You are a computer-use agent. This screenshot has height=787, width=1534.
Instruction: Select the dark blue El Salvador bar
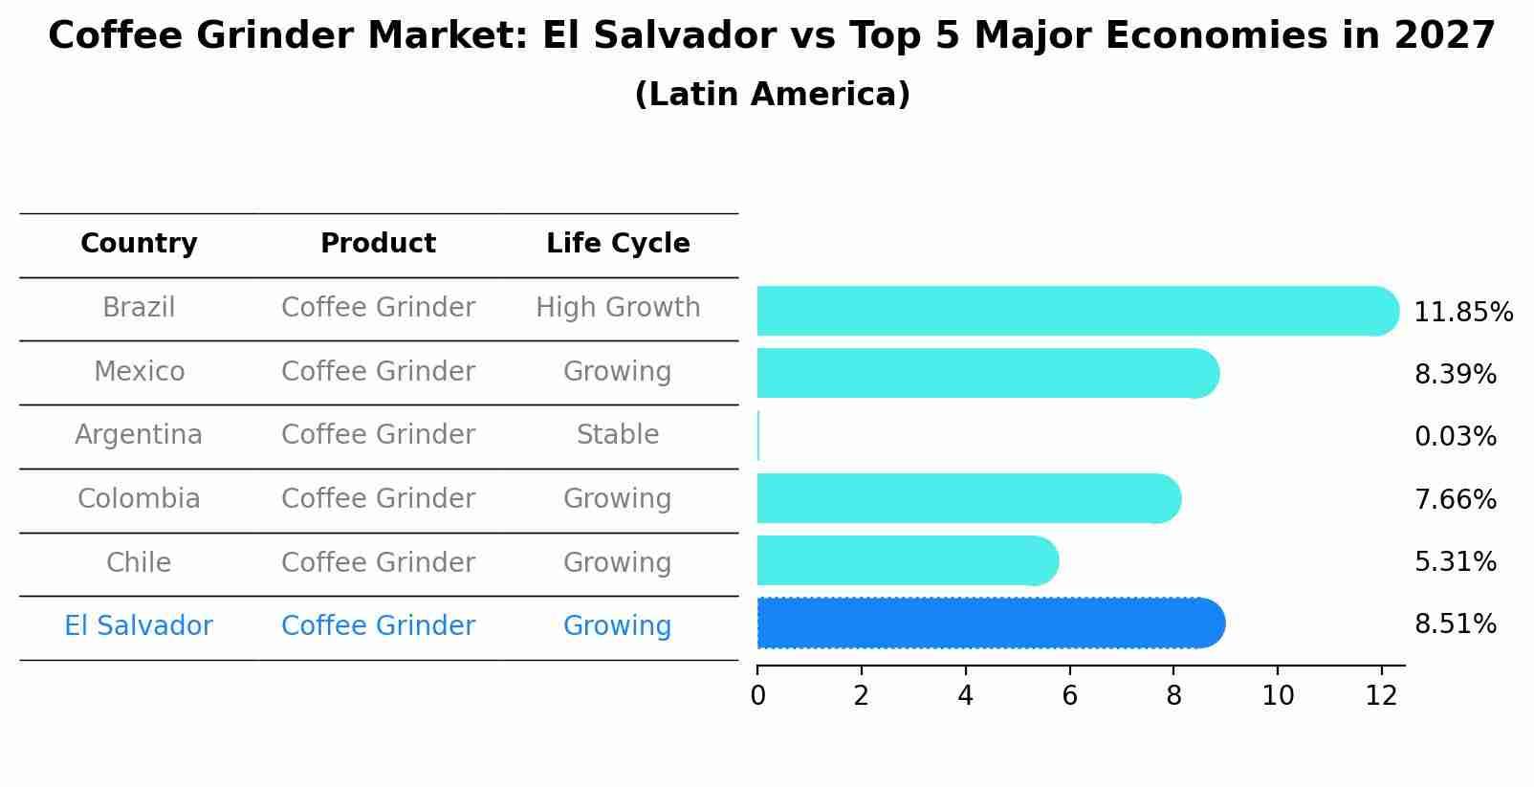coord(990,623)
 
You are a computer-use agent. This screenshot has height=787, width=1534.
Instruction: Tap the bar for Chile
coord(907,560)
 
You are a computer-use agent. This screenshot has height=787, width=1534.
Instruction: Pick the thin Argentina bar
coord(758,436)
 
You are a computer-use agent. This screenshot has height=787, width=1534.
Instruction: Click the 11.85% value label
coord(1462,313)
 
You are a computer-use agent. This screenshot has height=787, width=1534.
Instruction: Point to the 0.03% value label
coord(1455,437)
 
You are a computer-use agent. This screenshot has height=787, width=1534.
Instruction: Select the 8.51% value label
coord(1455,624)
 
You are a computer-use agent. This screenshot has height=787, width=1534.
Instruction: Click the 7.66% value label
coord(1455,499)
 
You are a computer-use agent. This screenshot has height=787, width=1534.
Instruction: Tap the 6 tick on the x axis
coord(1069,696)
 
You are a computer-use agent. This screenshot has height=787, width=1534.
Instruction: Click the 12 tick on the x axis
coord(1381,696)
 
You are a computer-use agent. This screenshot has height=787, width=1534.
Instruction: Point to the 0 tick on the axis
coord(757,696)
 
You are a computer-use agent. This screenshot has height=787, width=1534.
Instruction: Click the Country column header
coord(139,244)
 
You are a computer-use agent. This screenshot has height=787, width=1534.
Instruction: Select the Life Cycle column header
coord(618,244)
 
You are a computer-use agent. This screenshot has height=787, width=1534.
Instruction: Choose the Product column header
coord(378,244)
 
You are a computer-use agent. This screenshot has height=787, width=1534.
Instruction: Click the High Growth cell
coord(618,308)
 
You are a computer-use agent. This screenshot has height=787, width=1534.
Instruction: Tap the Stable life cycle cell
coord(618,435)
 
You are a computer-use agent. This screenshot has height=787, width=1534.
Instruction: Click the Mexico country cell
coord(139,371)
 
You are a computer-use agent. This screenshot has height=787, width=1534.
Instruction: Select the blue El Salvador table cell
coord(139,626)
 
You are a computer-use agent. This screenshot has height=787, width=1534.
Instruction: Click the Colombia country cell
coord(139,499)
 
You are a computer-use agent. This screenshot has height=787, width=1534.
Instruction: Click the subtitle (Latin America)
coord(772,95)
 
